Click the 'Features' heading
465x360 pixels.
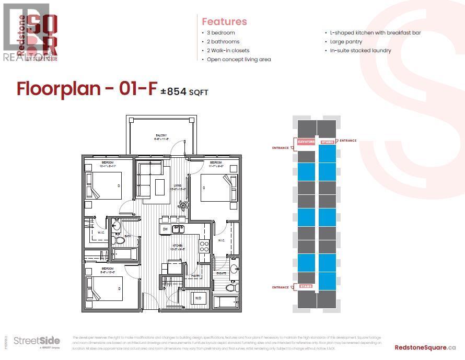coord(224,21)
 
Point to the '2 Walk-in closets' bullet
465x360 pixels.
coord(228,51)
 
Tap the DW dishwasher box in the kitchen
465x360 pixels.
coord(165,229)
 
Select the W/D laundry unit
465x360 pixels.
coord(199,299)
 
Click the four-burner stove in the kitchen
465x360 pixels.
coord(204,246)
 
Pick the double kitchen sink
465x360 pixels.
coord(179,229)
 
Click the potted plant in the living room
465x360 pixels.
coord(182,205)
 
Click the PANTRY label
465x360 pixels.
coord(195,275)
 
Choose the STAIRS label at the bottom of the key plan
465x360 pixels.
coord(306,286)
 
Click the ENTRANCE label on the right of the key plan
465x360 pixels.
coord(348,141)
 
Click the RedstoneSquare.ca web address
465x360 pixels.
coord(425,347)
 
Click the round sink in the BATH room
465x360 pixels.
coord(117,226)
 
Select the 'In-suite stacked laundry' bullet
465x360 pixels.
coord(360,51)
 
